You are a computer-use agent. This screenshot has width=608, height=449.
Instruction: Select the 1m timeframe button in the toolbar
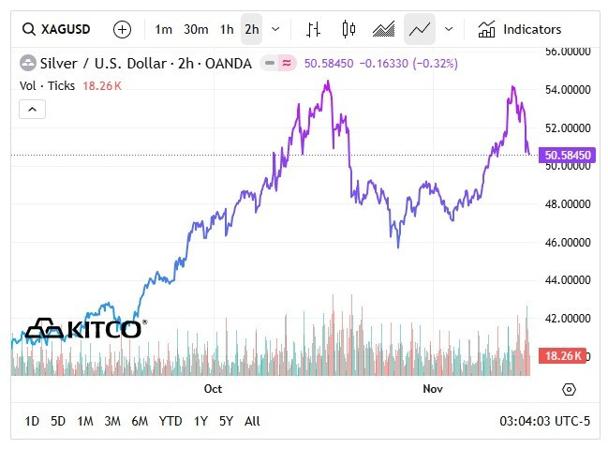tap(164, 29)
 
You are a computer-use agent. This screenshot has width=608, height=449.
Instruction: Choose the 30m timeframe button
tap(196, 29)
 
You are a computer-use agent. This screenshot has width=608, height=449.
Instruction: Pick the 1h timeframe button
tap(227, 29)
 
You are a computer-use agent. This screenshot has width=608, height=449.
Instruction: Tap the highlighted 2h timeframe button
tap(251, 29)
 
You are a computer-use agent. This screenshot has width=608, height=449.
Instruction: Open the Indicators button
tap(520, 29)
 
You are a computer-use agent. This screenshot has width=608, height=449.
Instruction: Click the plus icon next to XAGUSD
tap(122, 29)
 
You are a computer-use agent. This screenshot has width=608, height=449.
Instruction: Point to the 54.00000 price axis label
tap(568, 89)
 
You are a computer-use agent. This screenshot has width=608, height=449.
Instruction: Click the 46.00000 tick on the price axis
tap(568, 242)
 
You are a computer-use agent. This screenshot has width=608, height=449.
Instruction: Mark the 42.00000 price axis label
tap(568, 319)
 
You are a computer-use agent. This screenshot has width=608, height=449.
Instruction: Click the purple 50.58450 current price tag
tap(568, 155)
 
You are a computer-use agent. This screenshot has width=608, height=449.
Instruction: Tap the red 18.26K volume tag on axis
tap(563, 356)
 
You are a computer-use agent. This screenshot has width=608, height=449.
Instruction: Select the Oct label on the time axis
tap(213, 388)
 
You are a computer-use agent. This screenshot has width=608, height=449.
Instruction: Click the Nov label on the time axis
tap(432, 388)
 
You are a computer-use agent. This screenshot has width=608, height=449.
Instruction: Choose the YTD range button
tap(171, 421)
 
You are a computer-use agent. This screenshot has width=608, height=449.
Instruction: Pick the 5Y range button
tap(226, 421)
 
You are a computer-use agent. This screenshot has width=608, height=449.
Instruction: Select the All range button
tap(252, 421)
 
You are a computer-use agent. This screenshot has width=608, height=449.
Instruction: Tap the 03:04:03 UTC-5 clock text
tap(545, 421)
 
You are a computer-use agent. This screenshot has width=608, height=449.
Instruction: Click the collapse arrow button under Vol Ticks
tap(32, 110)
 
